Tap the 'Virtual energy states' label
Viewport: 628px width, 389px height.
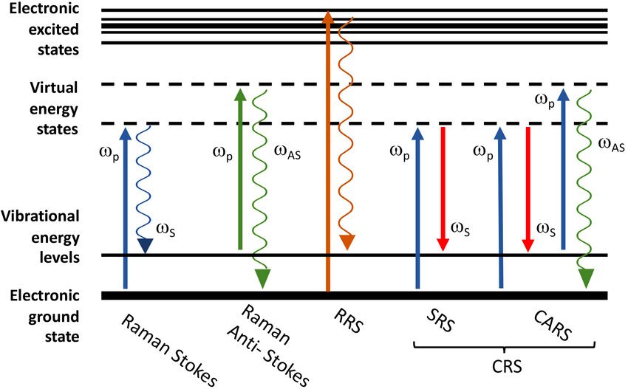pyautogui.click(x=50, y=108)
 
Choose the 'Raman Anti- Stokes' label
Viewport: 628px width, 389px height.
pyautogui.click(x=273, y=347)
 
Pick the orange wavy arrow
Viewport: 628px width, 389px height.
pyautogui.click(x=344, y=133)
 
